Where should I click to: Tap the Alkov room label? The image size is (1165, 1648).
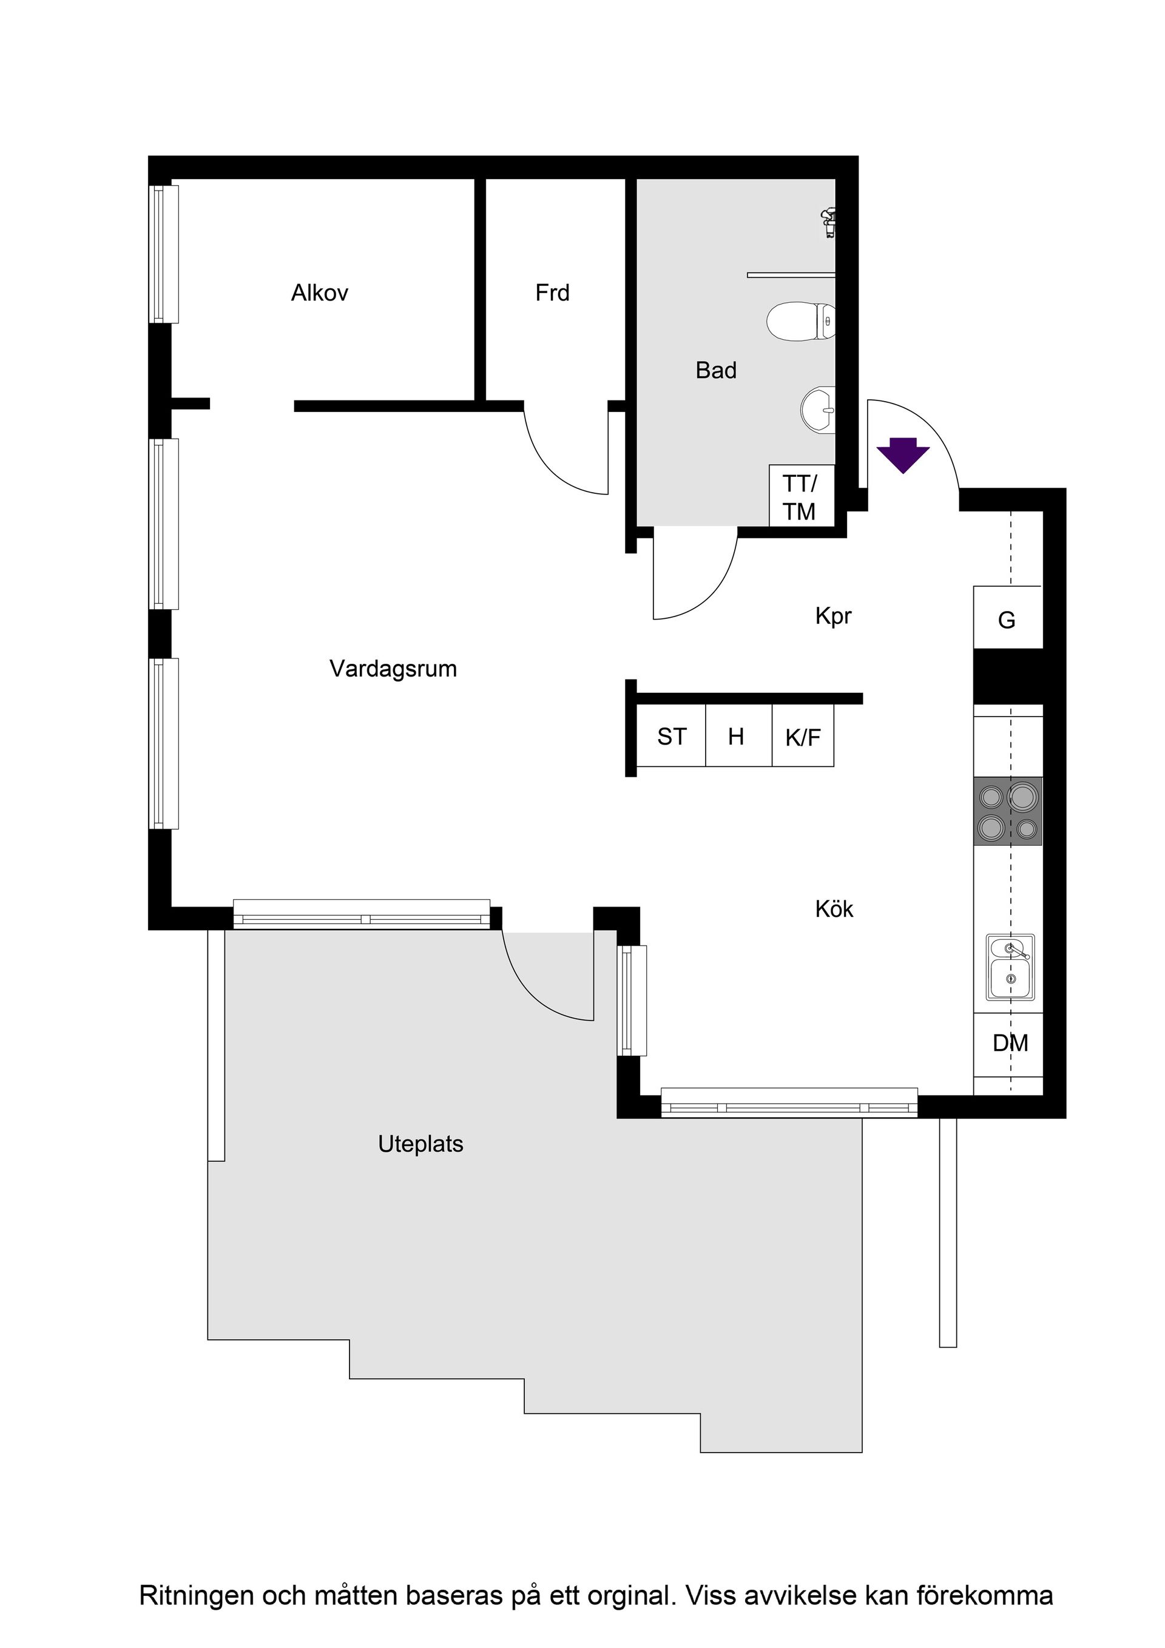point(319,293)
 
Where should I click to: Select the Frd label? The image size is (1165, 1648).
point(552,293)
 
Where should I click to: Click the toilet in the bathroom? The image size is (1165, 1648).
point(800,322)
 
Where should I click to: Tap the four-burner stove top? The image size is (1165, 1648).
point(1007,811)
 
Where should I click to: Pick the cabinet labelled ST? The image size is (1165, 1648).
point(671,737)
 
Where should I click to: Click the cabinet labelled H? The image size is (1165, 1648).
point(737,737)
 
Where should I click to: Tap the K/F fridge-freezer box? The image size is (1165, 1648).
point(803,737)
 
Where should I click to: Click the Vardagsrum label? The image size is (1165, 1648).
point(393,669)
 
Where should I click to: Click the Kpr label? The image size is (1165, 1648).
point(832,616)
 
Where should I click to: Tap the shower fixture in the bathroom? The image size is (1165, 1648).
point(828,222)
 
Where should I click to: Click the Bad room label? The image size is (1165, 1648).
point(715,370)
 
